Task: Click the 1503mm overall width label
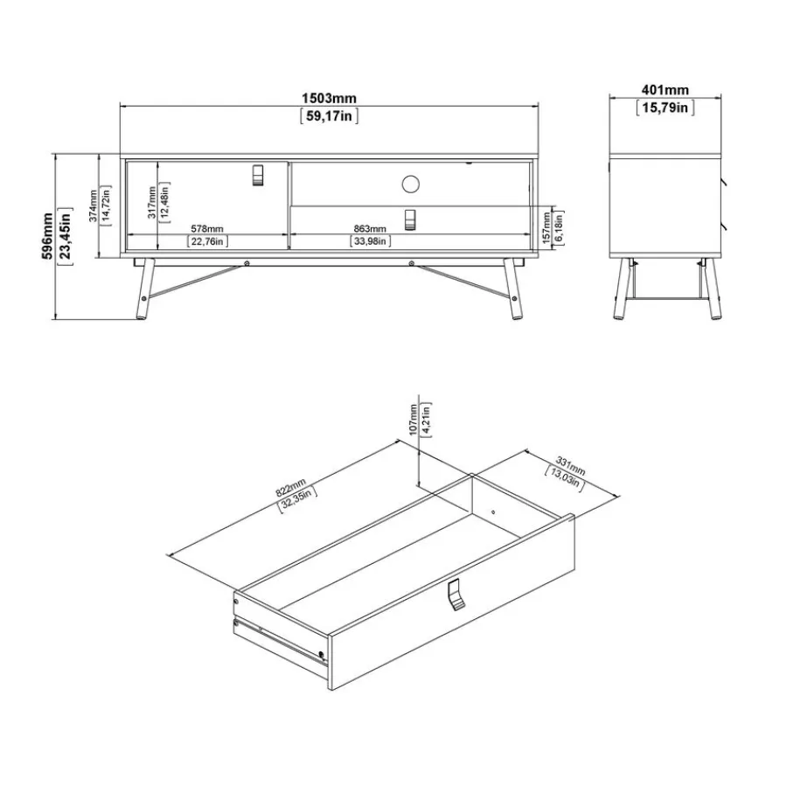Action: [x=329, y=98]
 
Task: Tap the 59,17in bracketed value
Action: [x=329, y=116]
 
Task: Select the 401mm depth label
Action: [x=665, y=90]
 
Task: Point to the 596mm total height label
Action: [x=47, y=236]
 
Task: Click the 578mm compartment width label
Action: [x=207, y=229]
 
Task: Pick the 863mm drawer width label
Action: [x=370, y=229]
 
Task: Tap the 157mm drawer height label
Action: [x=546, y=227]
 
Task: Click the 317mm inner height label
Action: [x=152, y=202]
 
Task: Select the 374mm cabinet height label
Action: [x=93, y=205]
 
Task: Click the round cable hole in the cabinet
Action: [x=411, y=184]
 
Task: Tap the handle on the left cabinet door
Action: [x=257, y=175]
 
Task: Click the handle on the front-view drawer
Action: [x=410, y=219]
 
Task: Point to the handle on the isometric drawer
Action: [x=456, y=595]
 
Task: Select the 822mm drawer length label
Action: [x=290, y=488]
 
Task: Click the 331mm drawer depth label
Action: [x=570, y=466]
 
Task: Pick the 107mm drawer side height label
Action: [x=414, y=420]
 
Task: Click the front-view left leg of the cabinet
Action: [x=145, y=289]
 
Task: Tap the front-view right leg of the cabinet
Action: [x=513, y=289]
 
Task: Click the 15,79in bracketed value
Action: [x=665, y=108]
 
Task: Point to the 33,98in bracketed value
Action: [x=370, y=241]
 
